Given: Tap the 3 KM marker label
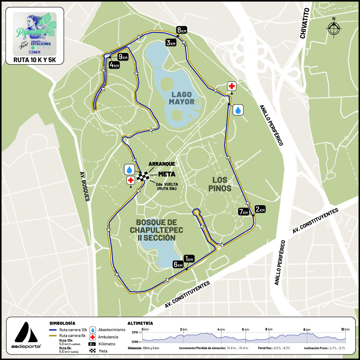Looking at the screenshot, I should (x=171, y=43).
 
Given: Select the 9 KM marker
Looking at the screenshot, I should (x=123, y=56).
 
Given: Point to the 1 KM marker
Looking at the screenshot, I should (x=189, y=259).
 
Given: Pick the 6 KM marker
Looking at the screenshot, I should (x=178, y=264).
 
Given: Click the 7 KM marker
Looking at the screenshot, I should (x=244, y=211).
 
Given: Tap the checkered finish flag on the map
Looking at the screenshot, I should (x=143, y=177).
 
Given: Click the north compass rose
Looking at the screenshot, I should (x=334, y=28).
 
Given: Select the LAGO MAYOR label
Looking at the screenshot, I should (x=181, y=98).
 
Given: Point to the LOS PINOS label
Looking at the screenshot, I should (x=220, y=184).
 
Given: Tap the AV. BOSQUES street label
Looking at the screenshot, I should (x=85, y=186).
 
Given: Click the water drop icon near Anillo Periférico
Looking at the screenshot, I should (x=238, y=110).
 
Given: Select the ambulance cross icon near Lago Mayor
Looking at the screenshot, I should (x=232, y=86).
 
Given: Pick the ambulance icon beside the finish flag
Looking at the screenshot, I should (x=130, y=180).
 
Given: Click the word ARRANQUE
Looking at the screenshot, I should (x=162, y=164).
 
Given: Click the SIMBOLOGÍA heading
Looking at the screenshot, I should (x=62, y=323).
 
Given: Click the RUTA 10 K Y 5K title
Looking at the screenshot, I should (x=35, y=60).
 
